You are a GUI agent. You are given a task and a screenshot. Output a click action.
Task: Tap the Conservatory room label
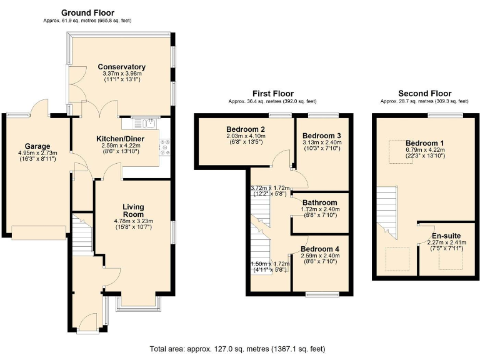click(121, 67)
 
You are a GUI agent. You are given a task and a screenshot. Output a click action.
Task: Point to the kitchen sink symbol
click(144, 122)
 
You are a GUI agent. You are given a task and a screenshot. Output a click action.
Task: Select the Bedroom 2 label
click(246, 129)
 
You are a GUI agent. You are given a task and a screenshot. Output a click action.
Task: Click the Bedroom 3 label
click(321, 135)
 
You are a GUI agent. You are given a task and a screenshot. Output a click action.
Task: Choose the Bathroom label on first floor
click(319, 202)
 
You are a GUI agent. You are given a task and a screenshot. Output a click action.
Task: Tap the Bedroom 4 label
click(320, 249)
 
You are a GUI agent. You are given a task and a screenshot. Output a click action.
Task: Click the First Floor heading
click(272, 93)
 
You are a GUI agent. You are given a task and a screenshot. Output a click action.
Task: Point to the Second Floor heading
click(424, 93)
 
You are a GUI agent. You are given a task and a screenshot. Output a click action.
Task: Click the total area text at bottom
click(237, 349)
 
